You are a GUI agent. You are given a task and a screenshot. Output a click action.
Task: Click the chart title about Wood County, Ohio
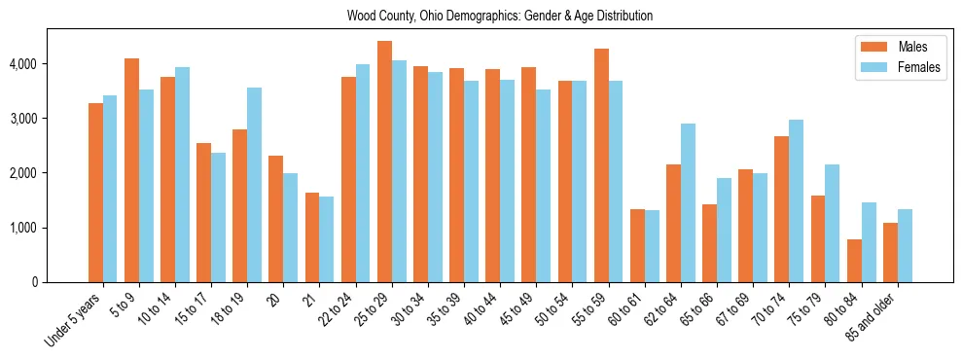(x=499, y=17)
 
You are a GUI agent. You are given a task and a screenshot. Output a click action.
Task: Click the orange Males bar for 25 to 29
(x=384, y=162)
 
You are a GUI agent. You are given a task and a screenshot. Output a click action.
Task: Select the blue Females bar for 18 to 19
(x=255, y=185)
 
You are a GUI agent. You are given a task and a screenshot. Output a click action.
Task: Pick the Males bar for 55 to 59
(x=601, y=165)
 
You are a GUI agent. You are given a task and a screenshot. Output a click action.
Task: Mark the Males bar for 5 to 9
(x=131, y=170)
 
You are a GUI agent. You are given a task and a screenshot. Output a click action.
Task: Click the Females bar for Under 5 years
(x=110, y=189)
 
